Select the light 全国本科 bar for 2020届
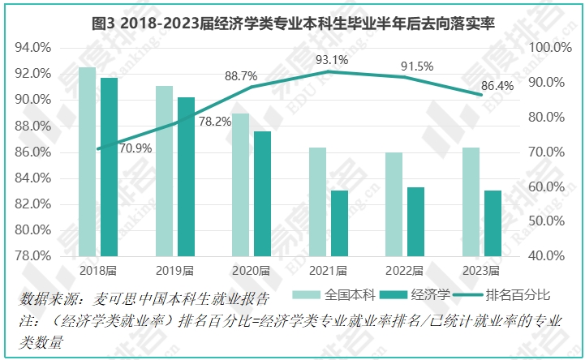[240, 184]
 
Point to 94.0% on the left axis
[34, 47]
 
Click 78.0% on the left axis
[34, 255]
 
